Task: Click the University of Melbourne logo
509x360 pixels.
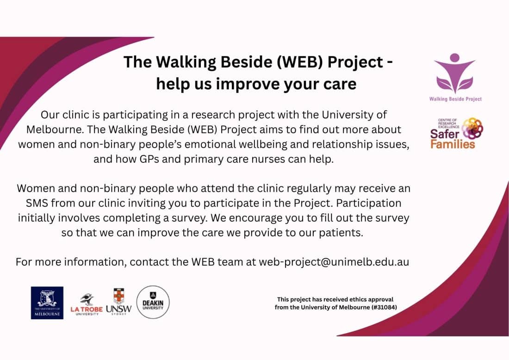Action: (47, 303)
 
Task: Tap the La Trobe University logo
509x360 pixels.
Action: (87, 304)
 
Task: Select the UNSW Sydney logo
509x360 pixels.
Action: (119, 302)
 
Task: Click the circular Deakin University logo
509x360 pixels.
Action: (153, 302)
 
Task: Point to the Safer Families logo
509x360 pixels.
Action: (457, 133)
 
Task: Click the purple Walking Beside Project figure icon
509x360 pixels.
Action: (455, 74)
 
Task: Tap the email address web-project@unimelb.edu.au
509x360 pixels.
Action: (334, 262)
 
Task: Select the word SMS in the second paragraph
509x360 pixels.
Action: (37, 203)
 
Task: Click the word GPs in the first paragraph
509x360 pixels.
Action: (149, 159)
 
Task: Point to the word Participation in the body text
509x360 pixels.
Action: (369, 203)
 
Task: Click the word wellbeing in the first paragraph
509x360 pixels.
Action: (254, 144)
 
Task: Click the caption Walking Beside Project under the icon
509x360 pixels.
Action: (455, 99)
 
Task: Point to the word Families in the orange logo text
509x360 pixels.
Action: (453, 144)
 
